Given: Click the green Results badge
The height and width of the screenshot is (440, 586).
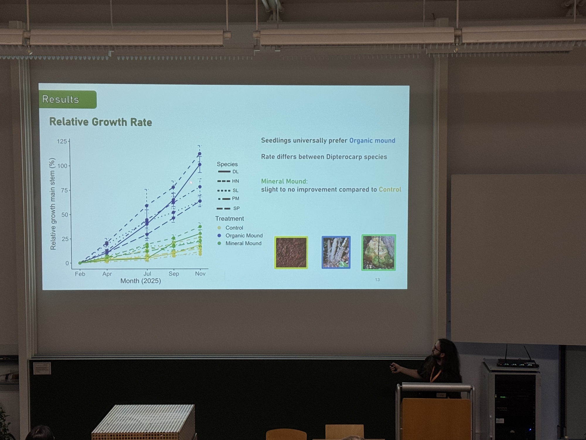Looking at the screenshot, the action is pos(68,99).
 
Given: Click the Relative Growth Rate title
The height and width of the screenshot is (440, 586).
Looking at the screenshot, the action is pos(100,122).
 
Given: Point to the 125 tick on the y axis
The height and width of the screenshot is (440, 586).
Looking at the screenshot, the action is pos(62,141).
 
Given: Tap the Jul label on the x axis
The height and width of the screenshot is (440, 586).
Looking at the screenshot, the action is pos(147,274).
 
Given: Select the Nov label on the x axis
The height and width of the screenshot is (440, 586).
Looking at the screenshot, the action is pos(200,273).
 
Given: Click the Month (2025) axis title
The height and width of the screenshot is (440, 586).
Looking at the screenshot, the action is pos(141,281).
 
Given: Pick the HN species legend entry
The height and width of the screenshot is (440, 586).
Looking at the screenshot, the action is pos(228,181).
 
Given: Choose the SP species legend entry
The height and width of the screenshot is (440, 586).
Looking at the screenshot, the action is pos(228,208).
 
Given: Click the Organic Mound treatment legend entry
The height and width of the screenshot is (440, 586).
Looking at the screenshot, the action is pos(240,236).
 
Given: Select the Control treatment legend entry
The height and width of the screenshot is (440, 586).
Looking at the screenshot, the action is pos(230,228).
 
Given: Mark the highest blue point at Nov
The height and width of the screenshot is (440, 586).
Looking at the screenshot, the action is pos(200,154).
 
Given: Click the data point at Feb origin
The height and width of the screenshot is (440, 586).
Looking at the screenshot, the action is pos(80,263).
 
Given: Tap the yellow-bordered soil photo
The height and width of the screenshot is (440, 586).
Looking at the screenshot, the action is pos(291,253).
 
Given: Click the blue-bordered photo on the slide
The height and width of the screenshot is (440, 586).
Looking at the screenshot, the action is pos(336,252).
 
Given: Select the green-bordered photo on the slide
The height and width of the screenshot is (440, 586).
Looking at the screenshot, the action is pos(379,252).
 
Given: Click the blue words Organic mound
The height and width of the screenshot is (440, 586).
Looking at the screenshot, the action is pos(372,141).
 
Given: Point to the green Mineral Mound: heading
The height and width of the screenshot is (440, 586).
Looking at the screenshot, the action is pos(284,181).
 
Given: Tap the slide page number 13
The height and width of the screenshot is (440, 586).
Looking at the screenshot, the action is pos(377,280).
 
